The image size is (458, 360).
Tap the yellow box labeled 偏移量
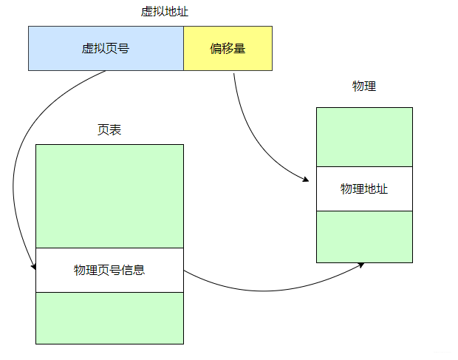[x=251, y=61]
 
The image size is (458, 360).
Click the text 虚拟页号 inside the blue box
[x=106, y=49]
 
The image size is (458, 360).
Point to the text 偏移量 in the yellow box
[x=228, y=49]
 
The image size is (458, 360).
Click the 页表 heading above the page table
[x=109, y=129]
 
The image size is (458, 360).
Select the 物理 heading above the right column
[x=364, y=86]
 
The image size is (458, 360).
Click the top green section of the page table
[x=109, y=196]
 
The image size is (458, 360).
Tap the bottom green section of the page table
[x=109, y=318]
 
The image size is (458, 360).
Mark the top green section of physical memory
[x=364, y=137]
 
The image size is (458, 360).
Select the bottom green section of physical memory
[x=364, y=237]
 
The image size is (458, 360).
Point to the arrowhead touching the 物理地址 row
[x=304, y=180]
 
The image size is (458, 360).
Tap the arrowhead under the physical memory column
[x=361, y=265]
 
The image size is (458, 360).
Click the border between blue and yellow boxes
[x=183, y=48]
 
